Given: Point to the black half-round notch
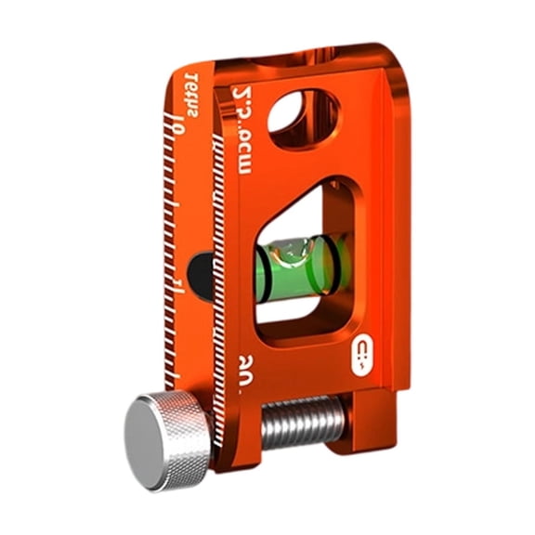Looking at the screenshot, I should [198, 276].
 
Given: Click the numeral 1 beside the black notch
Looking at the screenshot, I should [177, 280].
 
